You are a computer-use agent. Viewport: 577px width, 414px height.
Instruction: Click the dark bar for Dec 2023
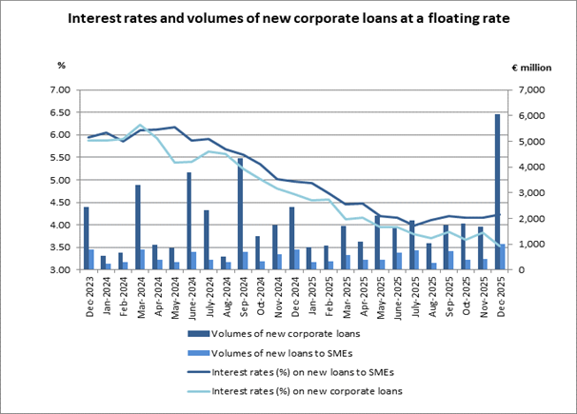(87, 238)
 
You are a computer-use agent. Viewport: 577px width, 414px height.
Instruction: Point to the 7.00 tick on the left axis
(62, 90)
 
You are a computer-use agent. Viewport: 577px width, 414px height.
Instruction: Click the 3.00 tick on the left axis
(62, 270)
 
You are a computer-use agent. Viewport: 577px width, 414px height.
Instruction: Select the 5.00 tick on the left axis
(62, 180)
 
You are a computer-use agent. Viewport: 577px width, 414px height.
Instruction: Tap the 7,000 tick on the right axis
(528, 90)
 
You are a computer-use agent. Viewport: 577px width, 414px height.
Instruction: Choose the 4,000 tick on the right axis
(528, 168)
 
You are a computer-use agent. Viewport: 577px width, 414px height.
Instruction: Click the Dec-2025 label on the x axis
(498, 288)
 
